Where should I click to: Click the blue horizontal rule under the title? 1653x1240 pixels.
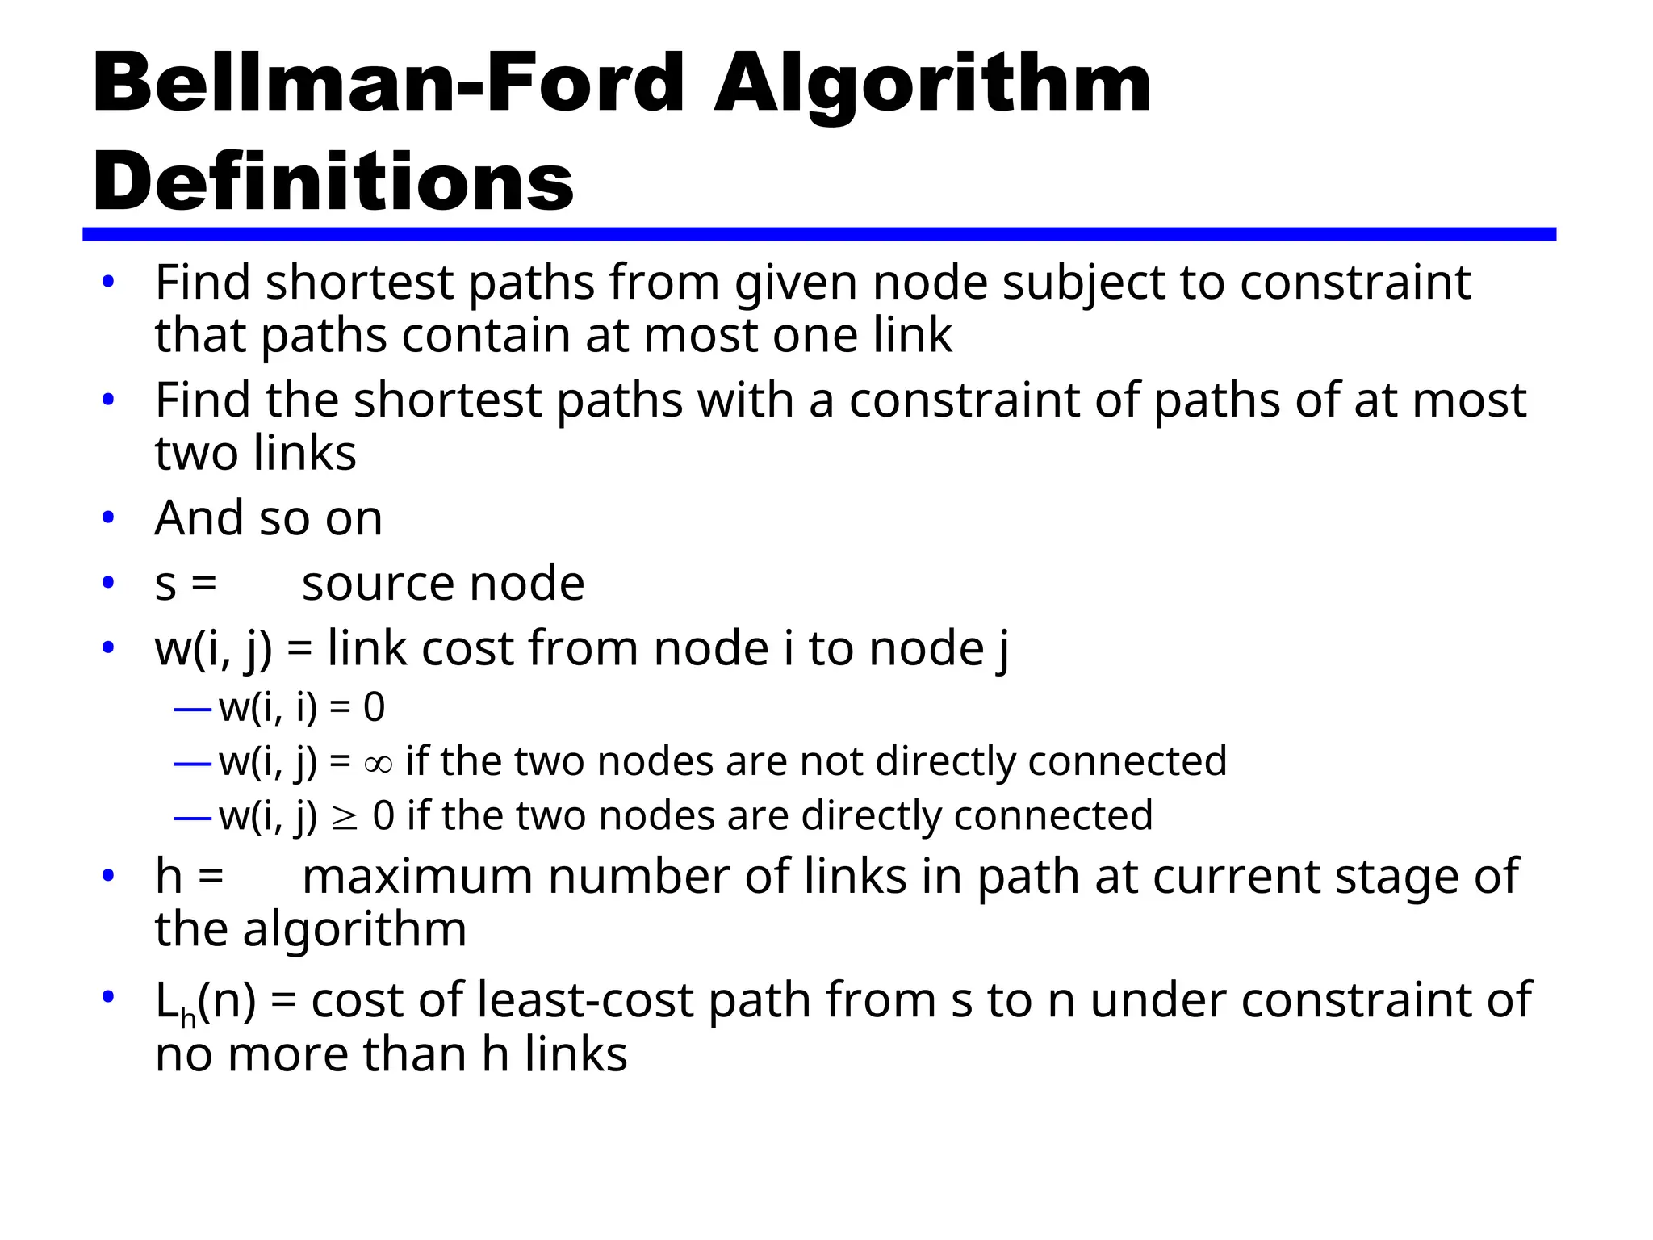pos(818,234)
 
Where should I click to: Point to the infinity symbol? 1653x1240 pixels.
pos(378,763)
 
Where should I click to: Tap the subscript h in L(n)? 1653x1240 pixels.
pos(188,1019)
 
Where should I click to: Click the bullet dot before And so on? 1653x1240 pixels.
pos(108,517)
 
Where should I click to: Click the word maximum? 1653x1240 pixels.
pos(417,877)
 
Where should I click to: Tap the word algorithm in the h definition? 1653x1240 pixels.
pos(354,930)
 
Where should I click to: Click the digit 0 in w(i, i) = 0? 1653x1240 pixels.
pos(374,708)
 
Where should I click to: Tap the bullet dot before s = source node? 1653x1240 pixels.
pos(108,583)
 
